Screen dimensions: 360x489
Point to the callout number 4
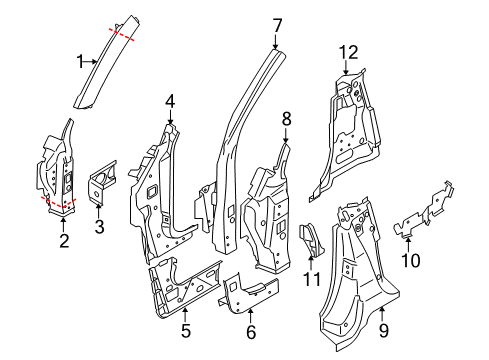[170, 100]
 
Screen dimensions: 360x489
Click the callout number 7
[277, 23]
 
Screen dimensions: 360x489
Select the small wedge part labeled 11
[312, 237]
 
